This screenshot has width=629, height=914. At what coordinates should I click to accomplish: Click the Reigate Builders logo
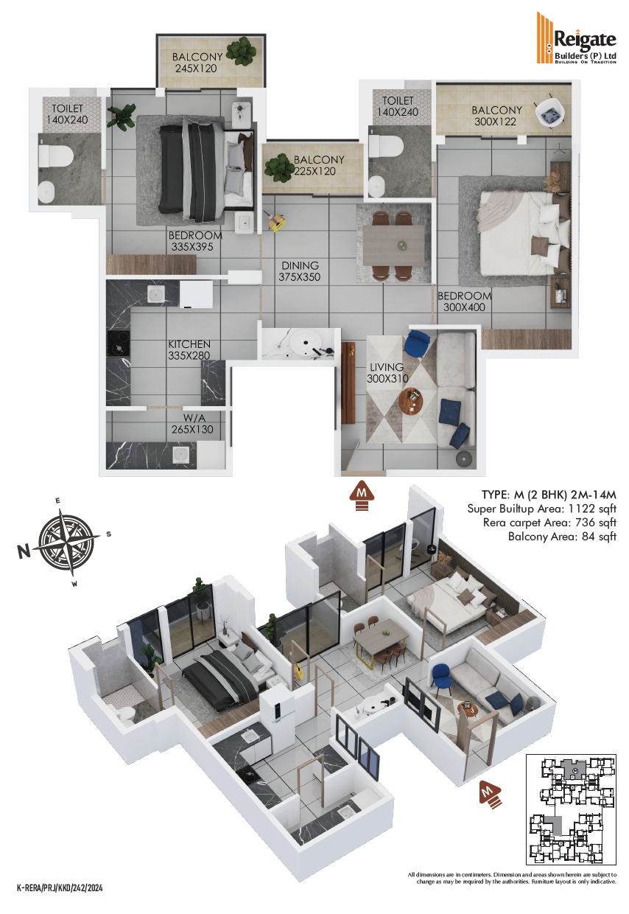pos(575,38)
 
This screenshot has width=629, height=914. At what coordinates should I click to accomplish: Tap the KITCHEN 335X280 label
pos(189,349)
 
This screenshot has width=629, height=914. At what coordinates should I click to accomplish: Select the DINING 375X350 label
pos(300,271)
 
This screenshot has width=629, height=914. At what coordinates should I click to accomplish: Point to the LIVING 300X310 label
pos(387,372)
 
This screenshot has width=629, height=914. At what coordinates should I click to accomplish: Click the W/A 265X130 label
pos(192,424)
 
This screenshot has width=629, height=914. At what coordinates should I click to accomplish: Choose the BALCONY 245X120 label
pos(197,63)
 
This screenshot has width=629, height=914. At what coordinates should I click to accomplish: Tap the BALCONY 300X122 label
pos(496,116)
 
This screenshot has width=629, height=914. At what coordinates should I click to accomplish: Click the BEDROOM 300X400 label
pos(464,301)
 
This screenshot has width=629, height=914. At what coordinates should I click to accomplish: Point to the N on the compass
pos(24,551)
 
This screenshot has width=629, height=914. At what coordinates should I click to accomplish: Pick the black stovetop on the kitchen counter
pos(119,343)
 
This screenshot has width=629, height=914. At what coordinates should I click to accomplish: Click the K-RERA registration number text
pos(60,887)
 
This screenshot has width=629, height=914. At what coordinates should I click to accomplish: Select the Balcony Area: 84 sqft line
pos(562,536)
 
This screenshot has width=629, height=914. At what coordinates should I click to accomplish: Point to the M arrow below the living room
pos(362,495)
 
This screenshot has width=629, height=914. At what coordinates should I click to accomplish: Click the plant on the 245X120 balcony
pos(242,51)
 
